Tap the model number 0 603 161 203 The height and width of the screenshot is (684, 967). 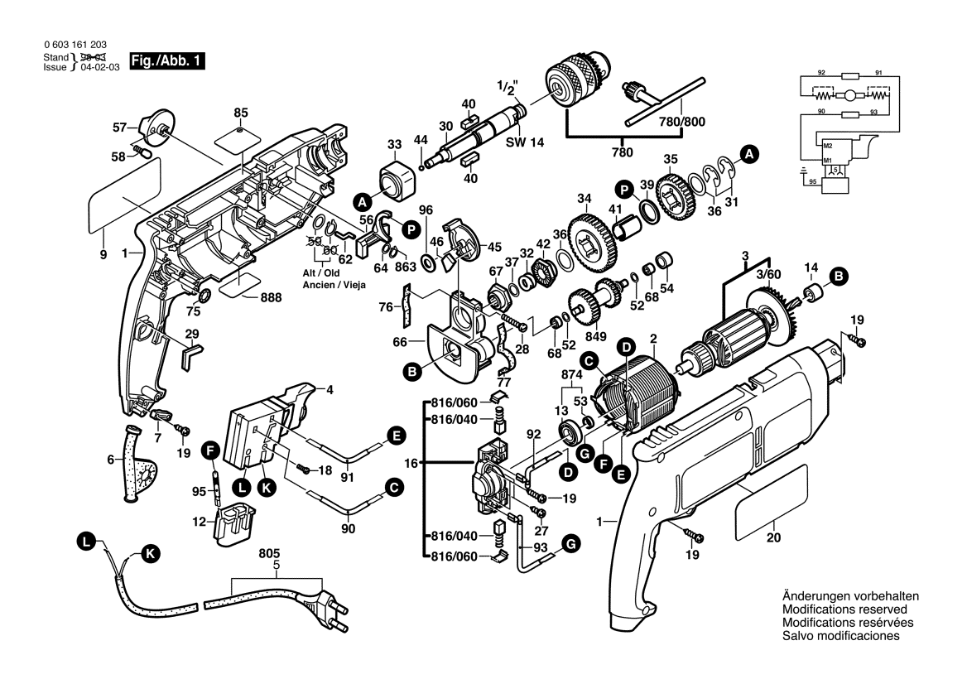74,44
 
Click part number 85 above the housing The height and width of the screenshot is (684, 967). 241,112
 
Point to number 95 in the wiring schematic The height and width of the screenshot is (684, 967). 812,181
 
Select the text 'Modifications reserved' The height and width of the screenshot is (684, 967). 839,609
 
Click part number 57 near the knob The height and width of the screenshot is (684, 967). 119,128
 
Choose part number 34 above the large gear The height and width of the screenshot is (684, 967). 585,198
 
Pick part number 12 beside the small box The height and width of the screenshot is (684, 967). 199,522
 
